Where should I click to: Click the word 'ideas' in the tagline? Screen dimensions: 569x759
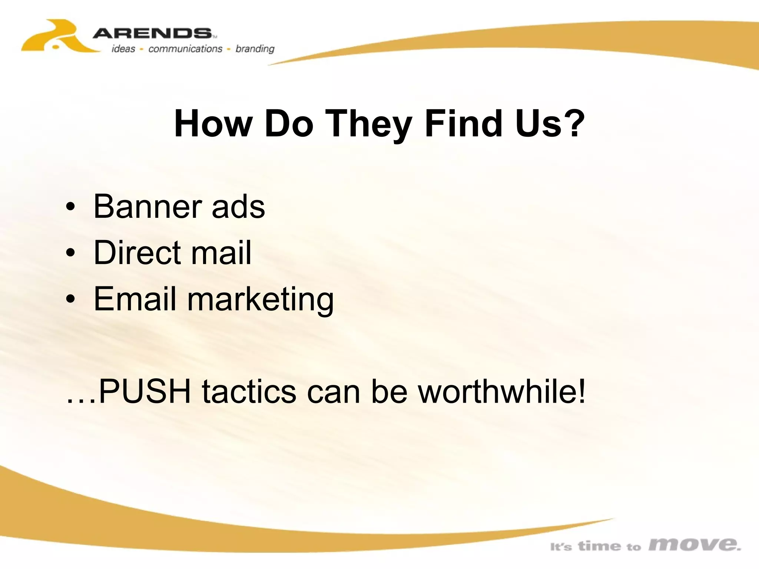point(123,49)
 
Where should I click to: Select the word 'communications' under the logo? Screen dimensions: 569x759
point(185,49)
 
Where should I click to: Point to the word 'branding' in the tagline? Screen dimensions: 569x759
point(255,49)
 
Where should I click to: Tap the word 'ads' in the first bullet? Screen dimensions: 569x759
point(238,206)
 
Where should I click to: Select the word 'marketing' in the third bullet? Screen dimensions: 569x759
point(260,299)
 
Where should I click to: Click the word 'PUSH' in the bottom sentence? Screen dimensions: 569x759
point(145,391)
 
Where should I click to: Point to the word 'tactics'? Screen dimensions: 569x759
point(249,391)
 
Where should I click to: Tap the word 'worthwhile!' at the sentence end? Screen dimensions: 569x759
point(502,391)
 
